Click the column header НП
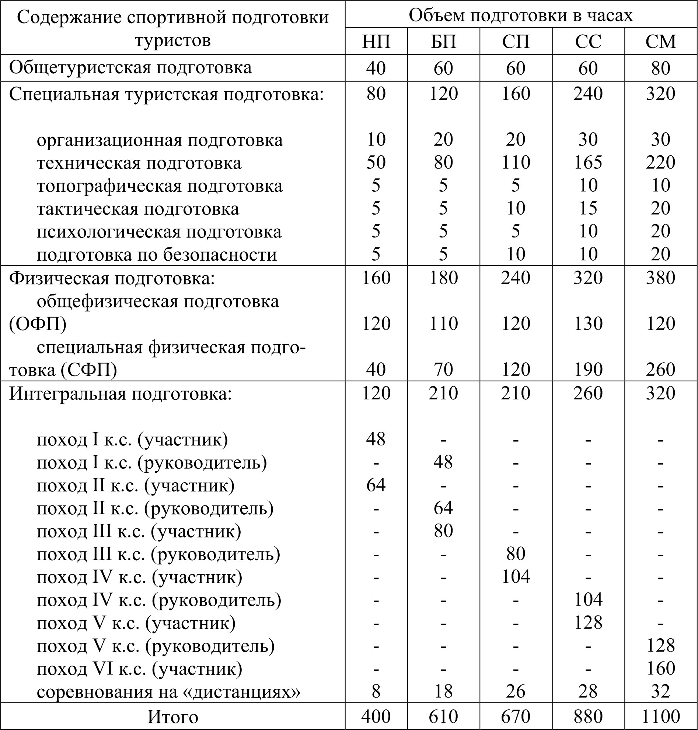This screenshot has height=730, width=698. (376, 41)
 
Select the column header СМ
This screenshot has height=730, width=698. (660, 41)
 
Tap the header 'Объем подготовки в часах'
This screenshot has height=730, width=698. (521, 15)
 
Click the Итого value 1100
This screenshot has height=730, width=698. (660, 716)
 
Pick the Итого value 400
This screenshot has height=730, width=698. (376, 716)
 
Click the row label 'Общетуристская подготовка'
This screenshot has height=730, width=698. (130, 68)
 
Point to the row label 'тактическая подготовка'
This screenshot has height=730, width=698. (138, 208)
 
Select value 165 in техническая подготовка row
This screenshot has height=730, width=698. (588, 162)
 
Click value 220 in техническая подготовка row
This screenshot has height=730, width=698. (660, 162)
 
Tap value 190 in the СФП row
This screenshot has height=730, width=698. (588, 369)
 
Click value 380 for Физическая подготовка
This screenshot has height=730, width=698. (660, 278)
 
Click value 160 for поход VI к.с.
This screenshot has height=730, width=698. (660, 668)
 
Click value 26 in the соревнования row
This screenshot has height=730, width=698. (516, 691)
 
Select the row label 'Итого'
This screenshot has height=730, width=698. (172, 716)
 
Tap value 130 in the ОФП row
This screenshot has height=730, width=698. (588, 323)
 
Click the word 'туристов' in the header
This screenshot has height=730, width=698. (172, 40)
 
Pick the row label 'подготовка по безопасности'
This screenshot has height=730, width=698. (157, 255)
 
